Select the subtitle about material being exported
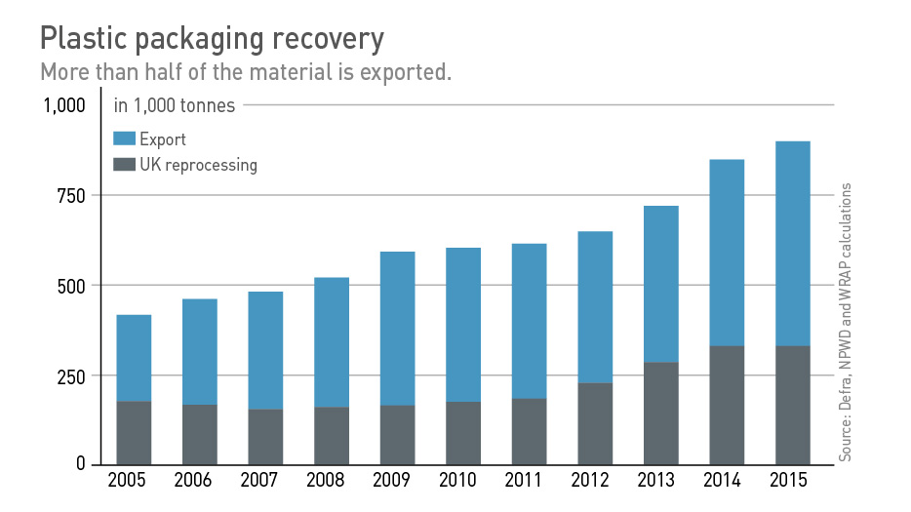[x=245, y=73]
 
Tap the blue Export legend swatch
[x=125, y=139]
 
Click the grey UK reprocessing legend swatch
[x=125, y=165]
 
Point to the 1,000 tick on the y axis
[x=64, y=105]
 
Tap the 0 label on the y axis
[x=83, y=464]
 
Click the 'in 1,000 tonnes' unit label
[x=175, y=105]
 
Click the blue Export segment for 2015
[x=792, y=244]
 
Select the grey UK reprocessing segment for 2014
[x=727, y=405]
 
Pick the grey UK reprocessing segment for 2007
[x=265, y=437]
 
